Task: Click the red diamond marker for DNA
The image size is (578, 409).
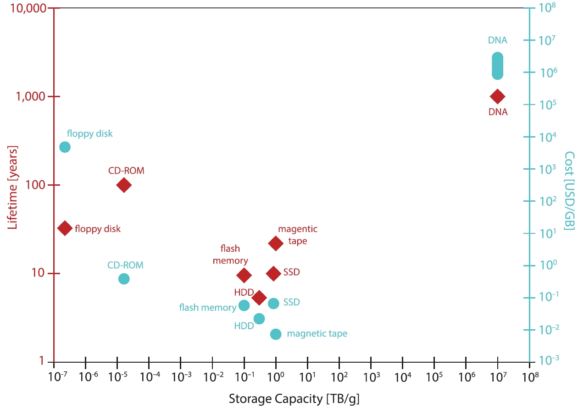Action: (x=497, y=96)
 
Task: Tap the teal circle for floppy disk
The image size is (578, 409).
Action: (x=65, y=147)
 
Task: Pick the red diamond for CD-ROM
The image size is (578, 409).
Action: (x=123, y=185)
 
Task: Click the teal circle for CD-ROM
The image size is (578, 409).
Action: (x=124, y=279)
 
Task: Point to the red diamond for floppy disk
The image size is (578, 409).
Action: (x=65, y=228)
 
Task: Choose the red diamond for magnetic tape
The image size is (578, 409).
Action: (x=275, y=243)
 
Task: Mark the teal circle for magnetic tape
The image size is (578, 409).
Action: (x=276, y=334)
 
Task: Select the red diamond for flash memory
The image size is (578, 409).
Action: (x=244, y=275)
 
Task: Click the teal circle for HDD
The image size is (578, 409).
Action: (x=259, y=319)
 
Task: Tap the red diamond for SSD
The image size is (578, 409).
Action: (x=273, y=274)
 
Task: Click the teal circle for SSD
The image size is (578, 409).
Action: (x=273, y=304)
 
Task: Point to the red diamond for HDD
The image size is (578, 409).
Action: (x=259, y=298)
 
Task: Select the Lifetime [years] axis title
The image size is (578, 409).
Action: (x=13, y=181)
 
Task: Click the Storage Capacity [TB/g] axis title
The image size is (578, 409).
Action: (x=294, y=399)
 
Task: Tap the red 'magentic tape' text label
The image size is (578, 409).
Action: (x=298, y=235)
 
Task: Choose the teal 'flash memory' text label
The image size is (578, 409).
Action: (x=207, y=307)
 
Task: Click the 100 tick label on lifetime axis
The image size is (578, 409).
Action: (x=36, y=185)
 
